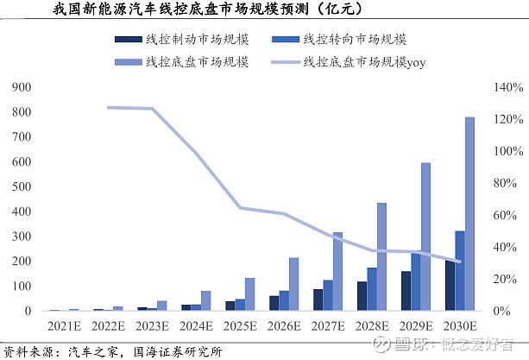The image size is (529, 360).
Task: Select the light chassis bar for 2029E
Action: pos(425,237)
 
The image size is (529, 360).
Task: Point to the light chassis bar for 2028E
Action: pos(381,256)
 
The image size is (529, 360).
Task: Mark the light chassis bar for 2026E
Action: pos(293,284)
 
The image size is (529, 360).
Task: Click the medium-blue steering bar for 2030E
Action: pos(460,270)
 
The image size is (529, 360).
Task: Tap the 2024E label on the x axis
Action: pos(195,328)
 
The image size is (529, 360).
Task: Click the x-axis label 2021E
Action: pos(63,328)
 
